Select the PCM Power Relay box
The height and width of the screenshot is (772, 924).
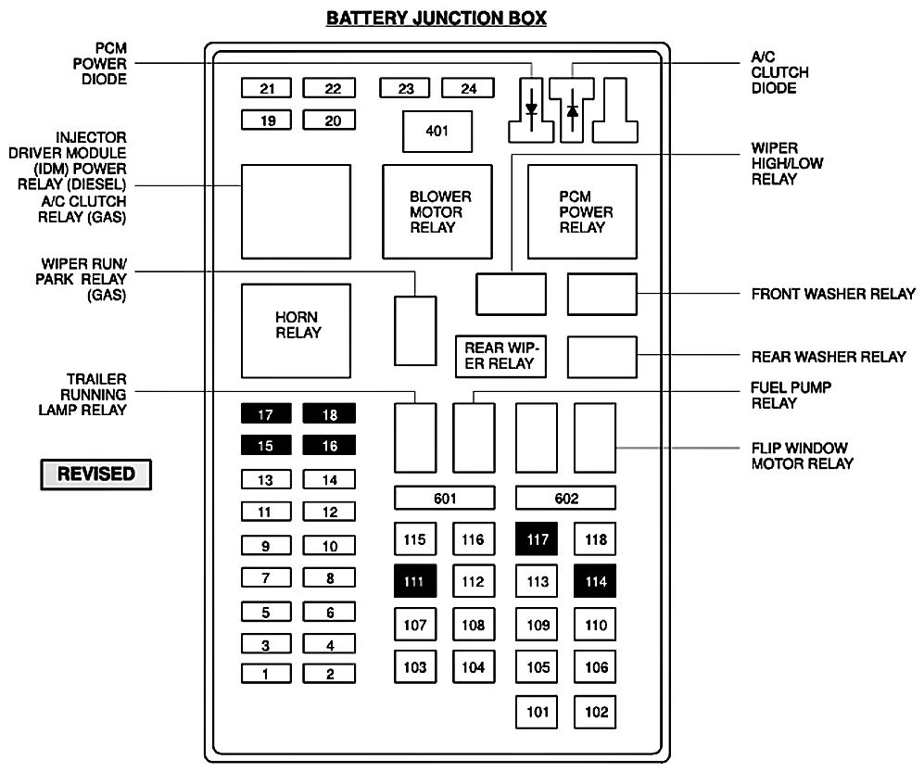pos(582,211)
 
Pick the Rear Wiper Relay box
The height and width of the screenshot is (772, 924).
pos(500,355)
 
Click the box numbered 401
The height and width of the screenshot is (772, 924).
pos(437,131)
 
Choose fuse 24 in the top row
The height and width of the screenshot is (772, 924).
pos(468,89)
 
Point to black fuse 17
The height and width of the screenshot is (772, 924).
pos(266,415)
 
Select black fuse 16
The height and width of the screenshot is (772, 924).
pos(329,446)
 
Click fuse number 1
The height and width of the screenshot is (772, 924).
pos(266,674)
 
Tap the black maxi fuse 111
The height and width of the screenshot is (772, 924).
pos(415,581)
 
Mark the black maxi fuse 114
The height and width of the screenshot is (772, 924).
pos(595,581)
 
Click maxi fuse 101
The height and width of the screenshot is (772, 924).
pos(538,712)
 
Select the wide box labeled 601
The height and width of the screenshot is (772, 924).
pos(445,499)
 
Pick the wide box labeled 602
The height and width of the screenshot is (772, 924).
pos(565,499)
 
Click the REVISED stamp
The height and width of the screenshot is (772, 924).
pos(96,474)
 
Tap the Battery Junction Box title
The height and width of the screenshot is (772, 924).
pos(437,18)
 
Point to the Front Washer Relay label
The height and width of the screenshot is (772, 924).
pos(832,295)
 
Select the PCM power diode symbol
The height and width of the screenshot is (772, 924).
pos(531,109)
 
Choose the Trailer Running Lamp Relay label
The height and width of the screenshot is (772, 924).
pos(82,395)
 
